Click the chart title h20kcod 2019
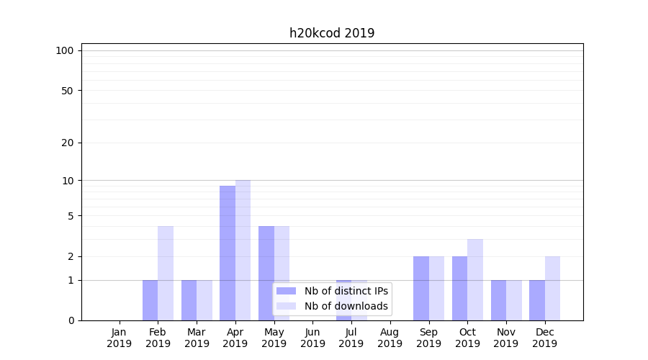coord(332,33)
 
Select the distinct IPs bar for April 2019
coord(228,253)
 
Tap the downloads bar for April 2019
coord(243,250)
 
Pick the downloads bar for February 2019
coord(166,273)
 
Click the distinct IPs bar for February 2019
coord(150,300)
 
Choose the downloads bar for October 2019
coord(475,279)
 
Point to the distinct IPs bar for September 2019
coord(421,288)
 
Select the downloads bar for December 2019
coord(552,288)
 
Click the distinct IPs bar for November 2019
coord(498,300)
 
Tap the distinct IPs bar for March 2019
coord(189,300)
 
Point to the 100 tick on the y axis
coord(65,50)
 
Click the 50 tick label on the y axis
coord(68,91)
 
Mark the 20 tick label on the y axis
coord(68,143)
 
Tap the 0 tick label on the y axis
coord(71,320)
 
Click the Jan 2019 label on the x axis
coord(120,338)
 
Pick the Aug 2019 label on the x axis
coord(390,338)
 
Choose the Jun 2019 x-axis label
coord(312,338)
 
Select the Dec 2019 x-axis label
coord(544,338)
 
